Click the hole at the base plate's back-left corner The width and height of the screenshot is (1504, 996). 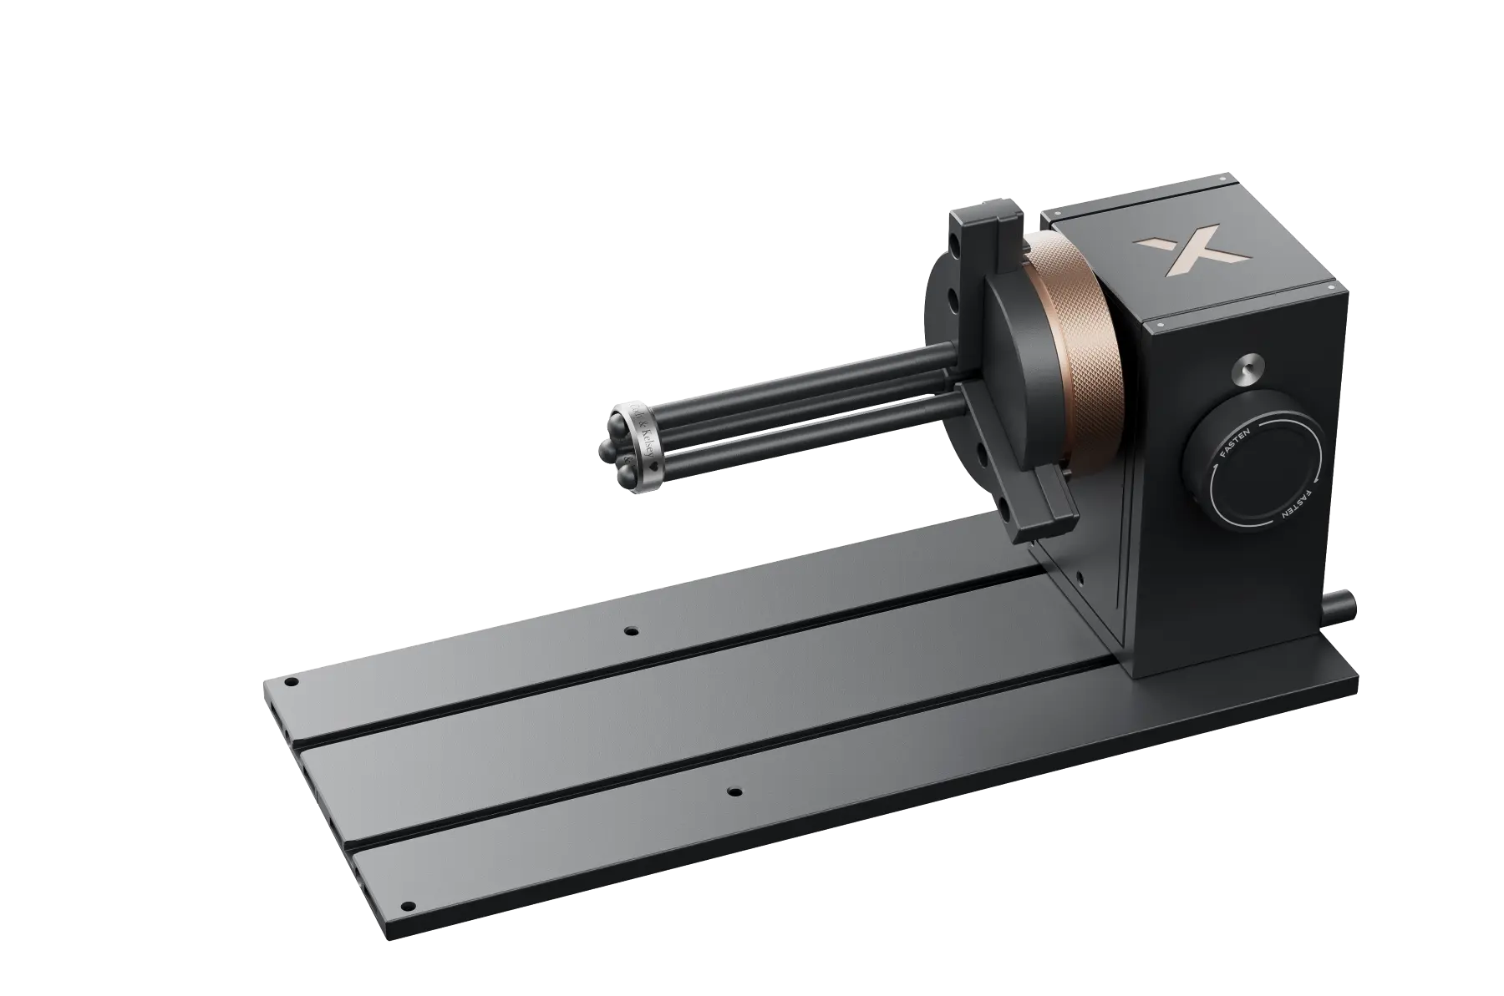[292, 682]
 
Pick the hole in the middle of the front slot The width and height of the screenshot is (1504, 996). [734, 790]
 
